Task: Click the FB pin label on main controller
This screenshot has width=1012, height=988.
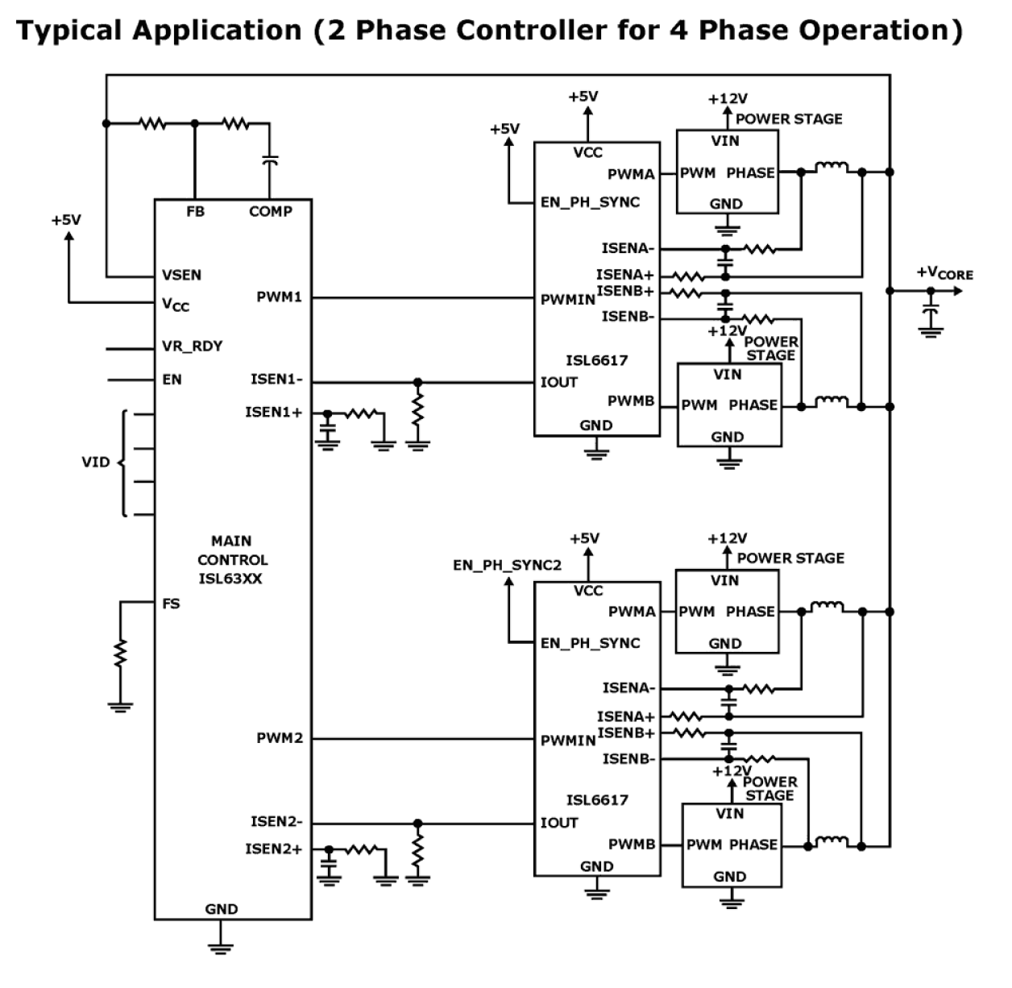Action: [195, 212]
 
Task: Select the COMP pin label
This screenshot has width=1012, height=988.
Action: [271, 212]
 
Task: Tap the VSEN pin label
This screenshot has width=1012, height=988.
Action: [181, 275]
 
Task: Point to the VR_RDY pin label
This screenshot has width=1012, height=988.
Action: [192, 347]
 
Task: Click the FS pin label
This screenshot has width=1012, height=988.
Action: [171, 604]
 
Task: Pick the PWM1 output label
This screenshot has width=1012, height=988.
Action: [279, 297]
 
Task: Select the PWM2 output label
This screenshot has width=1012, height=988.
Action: [280, 738]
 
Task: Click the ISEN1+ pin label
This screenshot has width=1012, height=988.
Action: [274, 413]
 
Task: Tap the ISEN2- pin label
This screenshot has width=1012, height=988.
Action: [276, 822]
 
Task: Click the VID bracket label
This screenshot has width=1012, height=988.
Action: [96, 463]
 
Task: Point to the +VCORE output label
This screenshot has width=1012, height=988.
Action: [944, 273]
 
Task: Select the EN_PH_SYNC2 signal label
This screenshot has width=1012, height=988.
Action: [507, 565]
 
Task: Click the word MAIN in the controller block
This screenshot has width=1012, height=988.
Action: [231, 541]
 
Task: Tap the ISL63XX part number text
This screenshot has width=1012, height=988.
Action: [230, 579]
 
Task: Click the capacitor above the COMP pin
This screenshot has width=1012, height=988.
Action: [271, 161]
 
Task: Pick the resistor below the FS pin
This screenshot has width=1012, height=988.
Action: [120, 653]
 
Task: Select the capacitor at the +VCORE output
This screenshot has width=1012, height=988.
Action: [931, 310]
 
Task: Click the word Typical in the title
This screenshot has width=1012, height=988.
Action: [70, 31]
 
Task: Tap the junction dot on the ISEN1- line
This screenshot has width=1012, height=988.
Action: [417, 382]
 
